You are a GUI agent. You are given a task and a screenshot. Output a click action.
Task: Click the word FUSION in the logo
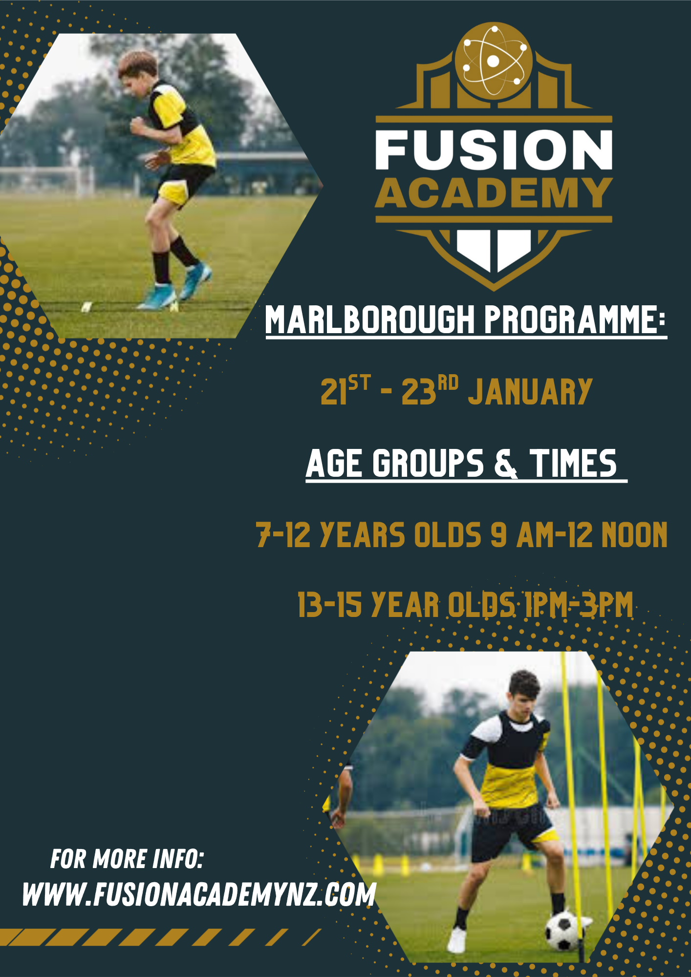[x=494, y=149]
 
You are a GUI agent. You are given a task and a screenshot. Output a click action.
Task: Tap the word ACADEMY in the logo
[x=494, y=193]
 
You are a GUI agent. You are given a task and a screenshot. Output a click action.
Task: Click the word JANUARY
[x=530, y=391]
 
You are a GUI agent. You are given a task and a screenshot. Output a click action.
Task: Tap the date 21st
[x=345, y=390]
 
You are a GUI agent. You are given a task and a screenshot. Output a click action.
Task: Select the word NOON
[x=634, y=535]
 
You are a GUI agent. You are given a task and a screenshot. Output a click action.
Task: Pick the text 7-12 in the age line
[x=283, y=535]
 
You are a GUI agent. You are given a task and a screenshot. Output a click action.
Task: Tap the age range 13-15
[x=330, y=605]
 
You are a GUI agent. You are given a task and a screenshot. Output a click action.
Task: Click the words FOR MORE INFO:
[x=127, y=859]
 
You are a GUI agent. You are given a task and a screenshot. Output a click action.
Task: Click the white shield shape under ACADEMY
[x=494, y=251]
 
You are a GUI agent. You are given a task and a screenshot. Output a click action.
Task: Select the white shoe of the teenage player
[x=456, y=940]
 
